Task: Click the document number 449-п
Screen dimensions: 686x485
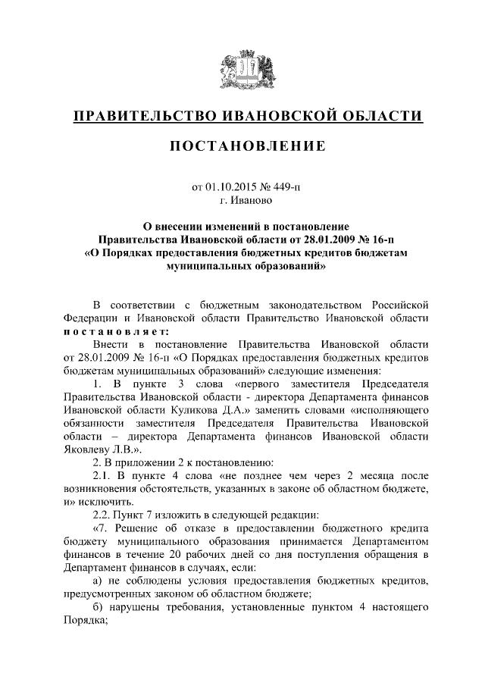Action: (x=288, y=185)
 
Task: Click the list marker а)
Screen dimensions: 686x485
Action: (x=97, y=580)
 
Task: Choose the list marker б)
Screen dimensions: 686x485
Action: (x=97, y=606)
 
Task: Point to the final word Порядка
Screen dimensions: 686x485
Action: (x=86, y=619)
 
